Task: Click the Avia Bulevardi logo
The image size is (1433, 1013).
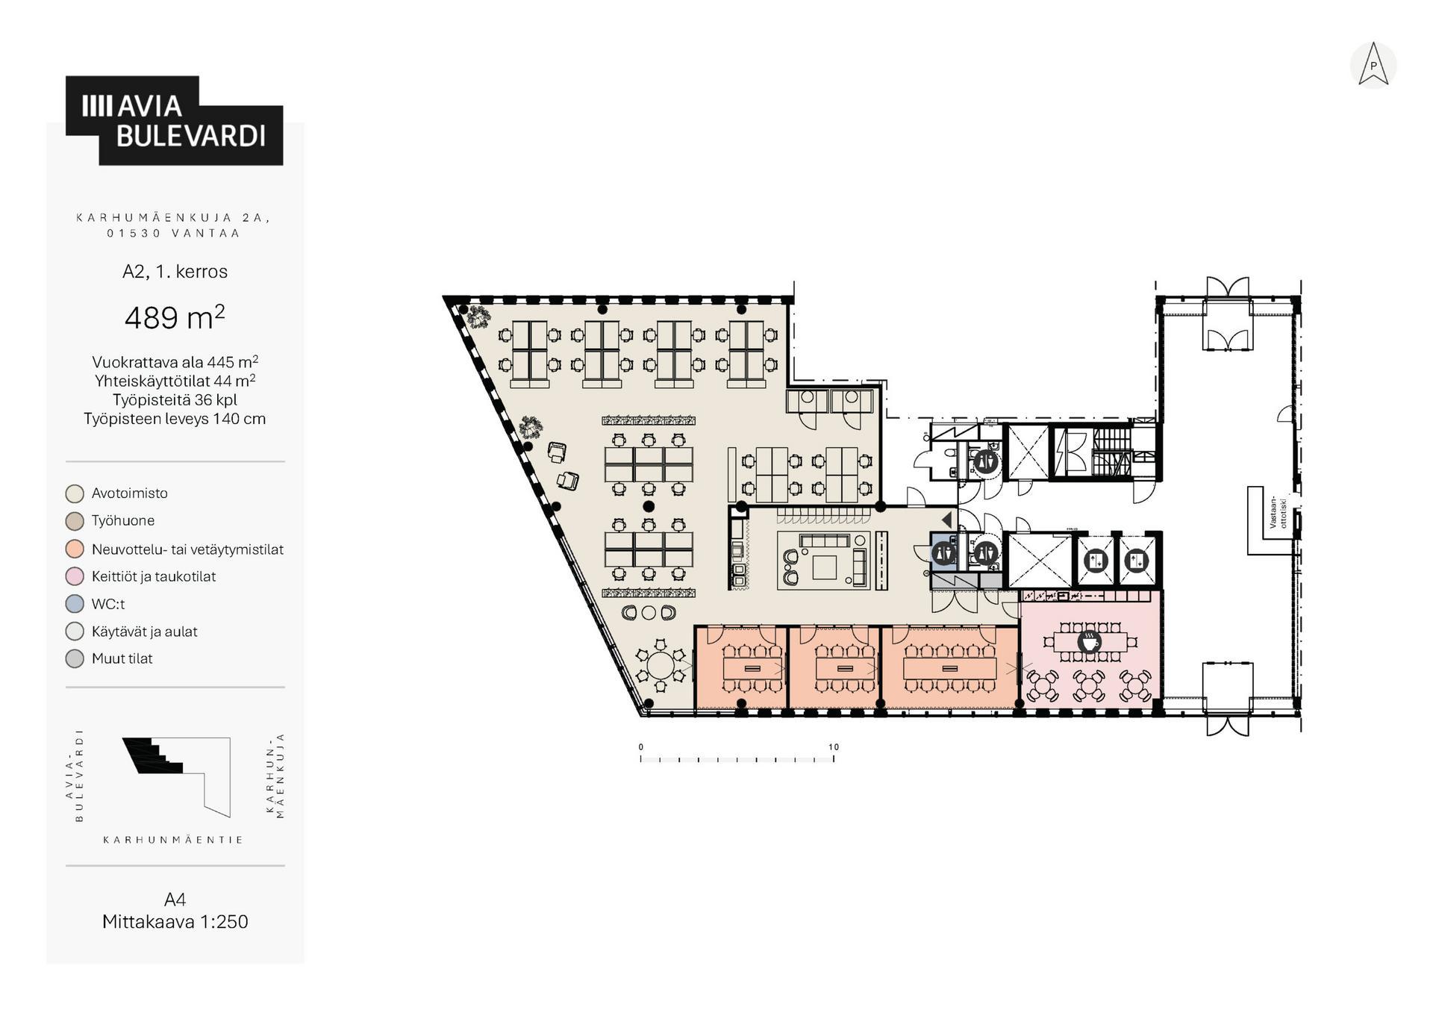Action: tap(174, 120)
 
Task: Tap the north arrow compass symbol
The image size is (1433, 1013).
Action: tap(1373, 65)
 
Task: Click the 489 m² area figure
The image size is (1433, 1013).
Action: tap(175, 317)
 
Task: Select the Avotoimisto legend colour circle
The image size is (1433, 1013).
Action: tap(75, 493)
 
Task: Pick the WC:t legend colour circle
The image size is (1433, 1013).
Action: tap(75, 604)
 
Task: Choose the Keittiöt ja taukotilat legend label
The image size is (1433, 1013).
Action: tap(154, 576)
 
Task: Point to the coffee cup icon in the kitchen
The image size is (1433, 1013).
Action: tap(1090, 641)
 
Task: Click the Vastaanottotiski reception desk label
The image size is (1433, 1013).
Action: tap(1279, 513)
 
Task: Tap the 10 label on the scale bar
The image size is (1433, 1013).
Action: tap(834, 746)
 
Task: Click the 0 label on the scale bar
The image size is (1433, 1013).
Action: tap(640, 746)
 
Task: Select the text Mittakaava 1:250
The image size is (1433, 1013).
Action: tap(175, 921)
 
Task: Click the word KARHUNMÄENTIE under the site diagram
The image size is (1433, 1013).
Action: tap(173, 840)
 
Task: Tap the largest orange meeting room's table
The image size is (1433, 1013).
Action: tap(949, 667)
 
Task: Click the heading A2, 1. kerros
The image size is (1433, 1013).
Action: tap(175, 271)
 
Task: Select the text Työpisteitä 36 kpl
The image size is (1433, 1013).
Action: tap(175, 399)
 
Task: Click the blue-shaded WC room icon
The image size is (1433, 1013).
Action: tap(943, 553)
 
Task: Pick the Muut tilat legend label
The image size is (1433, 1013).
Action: tap(122, 658)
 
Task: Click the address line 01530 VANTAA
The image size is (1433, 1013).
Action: tap(173, 233)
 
